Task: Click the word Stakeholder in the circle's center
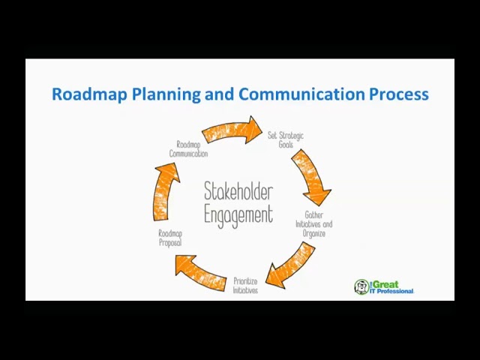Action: [238, 192]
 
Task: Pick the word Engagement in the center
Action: [238, 215]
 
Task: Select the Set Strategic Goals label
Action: [286, 139]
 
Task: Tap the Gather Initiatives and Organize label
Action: [313, 224]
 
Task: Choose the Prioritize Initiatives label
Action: [245, 286]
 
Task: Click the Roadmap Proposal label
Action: [170, 238]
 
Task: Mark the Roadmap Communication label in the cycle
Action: [188, 148]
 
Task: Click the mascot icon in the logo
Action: [361, 286]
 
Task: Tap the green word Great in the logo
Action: [385, 284]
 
